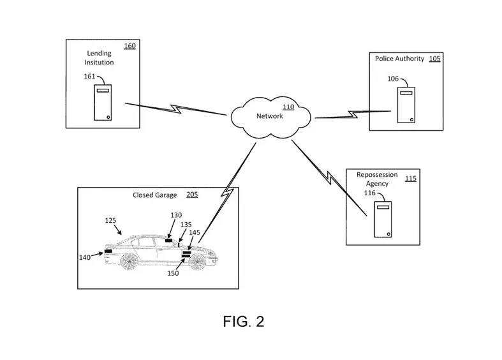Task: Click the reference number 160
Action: tap(130, 46)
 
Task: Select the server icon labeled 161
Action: tap(103, 103)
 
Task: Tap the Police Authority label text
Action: tap(399, 59)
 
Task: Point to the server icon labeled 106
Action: tap(406, 105)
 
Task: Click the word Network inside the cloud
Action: tap(270, 116)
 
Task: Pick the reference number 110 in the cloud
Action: tap(288, 107)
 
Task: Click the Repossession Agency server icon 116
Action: tap(383, 220)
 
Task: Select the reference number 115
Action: tap(411, 178)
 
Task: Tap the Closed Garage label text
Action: tap(154, 195)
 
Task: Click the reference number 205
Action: tap(192, 195)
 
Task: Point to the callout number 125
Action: tap(110, 220)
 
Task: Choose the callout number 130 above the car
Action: tap(176, 215)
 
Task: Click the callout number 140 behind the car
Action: tap(85, 257)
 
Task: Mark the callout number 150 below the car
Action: tap(173, 273)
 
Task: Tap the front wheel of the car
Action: tap(196, 262)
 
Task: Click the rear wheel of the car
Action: tap(129, 261)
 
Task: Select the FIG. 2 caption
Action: tap(244, 321)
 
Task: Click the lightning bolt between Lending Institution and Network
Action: tap(176, 109)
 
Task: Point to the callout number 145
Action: tap(195, 232)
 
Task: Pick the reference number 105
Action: tap(435, 59)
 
